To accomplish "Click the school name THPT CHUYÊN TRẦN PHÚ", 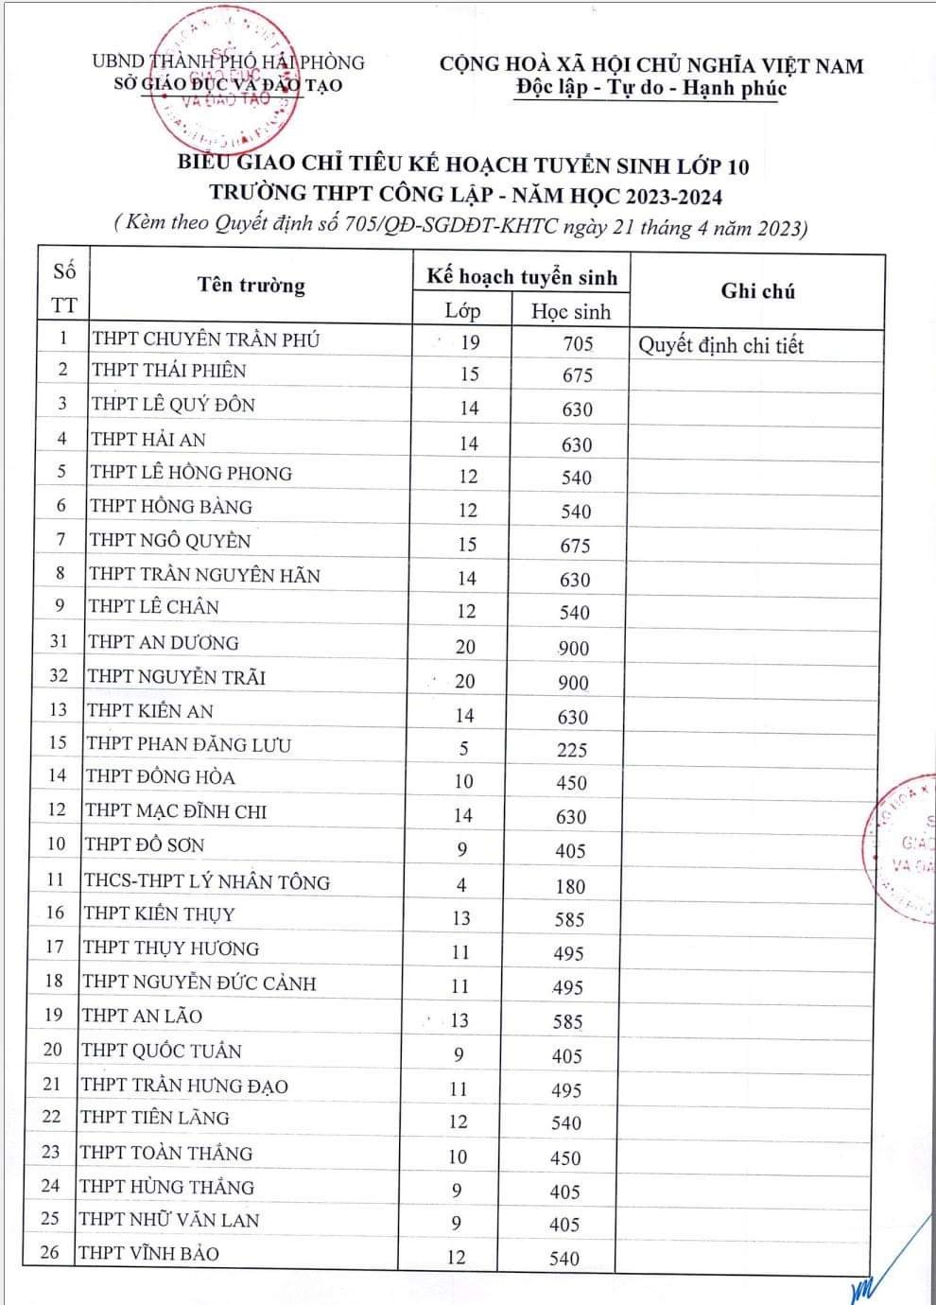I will [x=206, y=339].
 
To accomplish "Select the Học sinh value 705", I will [x=578, y=343].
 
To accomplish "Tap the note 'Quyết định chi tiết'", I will [x=720, y=345].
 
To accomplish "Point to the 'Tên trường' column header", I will [x=251, y=286].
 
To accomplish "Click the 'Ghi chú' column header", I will [x=757, y=291].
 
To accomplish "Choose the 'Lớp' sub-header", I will [x=462, y=310].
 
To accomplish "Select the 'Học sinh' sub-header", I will [x=571, y=311].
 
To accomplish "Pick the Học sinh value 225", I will [x=572, y=750].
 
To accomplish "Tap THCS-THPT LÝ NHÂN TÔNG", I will [x=207, y=881].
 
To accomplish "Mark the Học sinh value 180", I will [x=571, y=886].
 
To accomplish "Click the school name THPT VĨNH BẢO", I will [x=149, y=1253].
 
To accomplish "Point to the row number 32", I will [x=59, y=675].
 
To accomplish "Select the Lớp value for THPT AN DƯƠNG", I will [x=465, y=647].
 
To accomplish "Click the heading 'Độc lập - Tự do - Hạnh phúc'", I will [x=651, y=89].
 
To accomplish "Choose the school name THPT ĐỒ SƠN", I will [x=145, y=844].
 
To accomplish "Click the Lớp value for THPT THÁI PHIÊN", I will [x=469, y=374].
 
